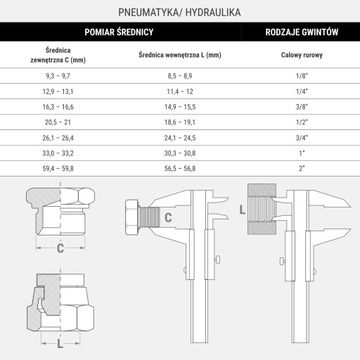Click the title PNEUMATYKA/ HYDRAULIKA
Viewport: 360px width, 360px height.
point(180,12)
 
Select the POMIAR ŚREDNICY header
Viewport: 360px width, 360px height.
point(133,33)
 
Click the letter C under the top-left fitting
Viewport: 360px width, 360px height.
point(60,247)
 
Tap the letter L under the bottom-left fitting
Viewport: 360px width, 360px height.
point(60,343)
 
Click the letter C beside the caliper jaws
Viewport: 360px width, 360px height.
point(169,217)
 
